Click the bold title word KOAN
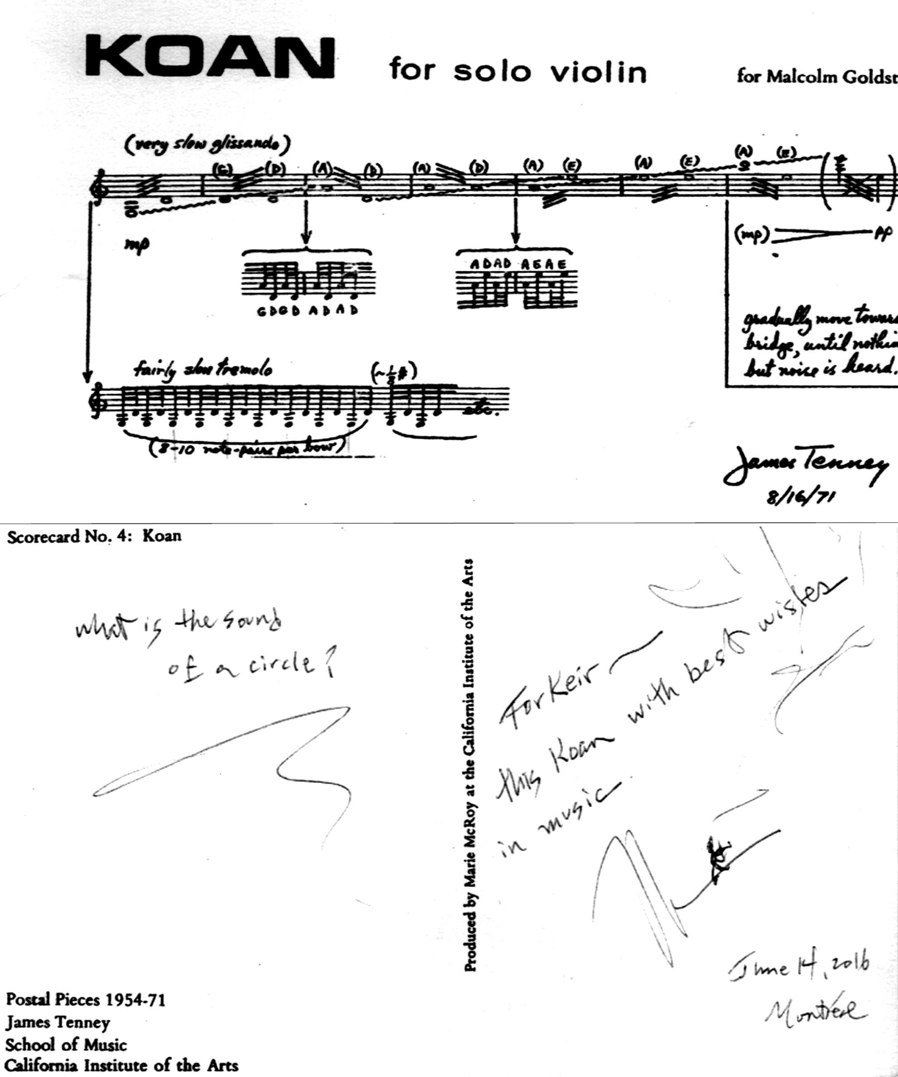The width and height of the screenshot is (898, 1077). [x=211, y=58]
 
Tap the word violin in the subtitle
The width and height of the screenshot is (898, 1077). [x=598, y=72]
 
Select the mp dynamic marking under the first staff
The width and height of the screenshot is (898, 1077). [x=136, y=244]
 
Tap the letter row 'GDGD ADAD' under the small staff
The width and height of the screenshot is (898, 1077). [x=307, y=310]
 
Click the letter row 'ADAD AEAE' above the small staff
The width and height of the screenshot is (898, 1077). [x=518, y=264]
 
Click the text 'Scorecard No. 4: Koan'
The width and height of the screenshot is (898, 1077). [x=94, y=536]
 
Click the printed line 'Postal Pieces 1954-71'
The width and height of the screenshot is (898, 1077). [x=86, y=1000]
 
